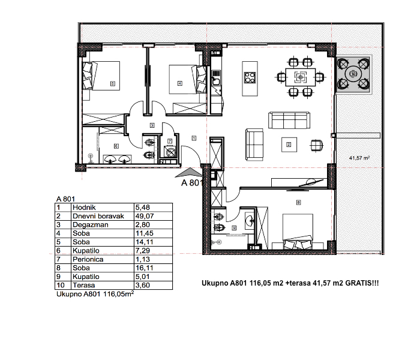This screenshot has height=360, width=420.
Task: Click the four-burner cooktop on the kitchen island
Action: pyautogui.click(x=250, y=77)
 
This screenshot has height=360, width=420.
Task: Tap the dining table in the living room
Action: pyautogui.click(x=300, y=77)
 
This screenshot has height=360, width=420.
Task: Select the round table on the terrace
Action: pyautogui.click(x=353, y=74)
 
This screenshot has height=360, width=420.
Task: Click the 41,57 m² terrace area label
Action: pyautogui.click(x=359, y=158)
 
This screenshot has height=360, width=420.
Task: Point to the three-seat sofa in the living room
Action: pyautogui.click(x=289, y=120)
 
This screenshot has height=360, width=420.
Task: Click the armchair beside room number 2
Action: pyautogui.click(x=317, y=145)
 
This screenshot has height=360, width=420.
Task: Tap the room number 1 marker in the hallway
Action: pyautogui.click(x=194, y=138)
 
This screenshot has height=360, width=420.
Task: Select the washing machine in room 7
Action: pyautogui.click(x=170, y=152)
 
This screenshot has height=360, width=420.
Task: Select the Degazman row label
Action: pyautogui.click(x=90, y=225)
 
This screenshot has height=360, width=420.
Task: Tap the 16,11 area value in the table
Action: pyautogui.click(x=145, y=268)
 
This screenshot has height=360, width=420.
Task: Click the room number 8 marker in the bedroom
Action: pyautogui.click(x=298, y=203)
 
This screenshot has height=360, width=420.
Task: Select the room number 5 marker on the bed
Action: pyautogui.click(x=113, y=84)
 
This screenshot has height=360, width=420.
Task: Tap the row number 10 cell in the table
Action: pyautogui.click(x=61, y=285)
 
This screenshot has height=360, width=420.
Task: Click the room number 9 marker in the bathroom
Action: pyautogui.click(x=234, y=228)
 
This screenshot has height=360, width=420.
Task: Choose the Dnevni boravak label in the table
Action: pyautogui.click(x=98, y=216)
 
